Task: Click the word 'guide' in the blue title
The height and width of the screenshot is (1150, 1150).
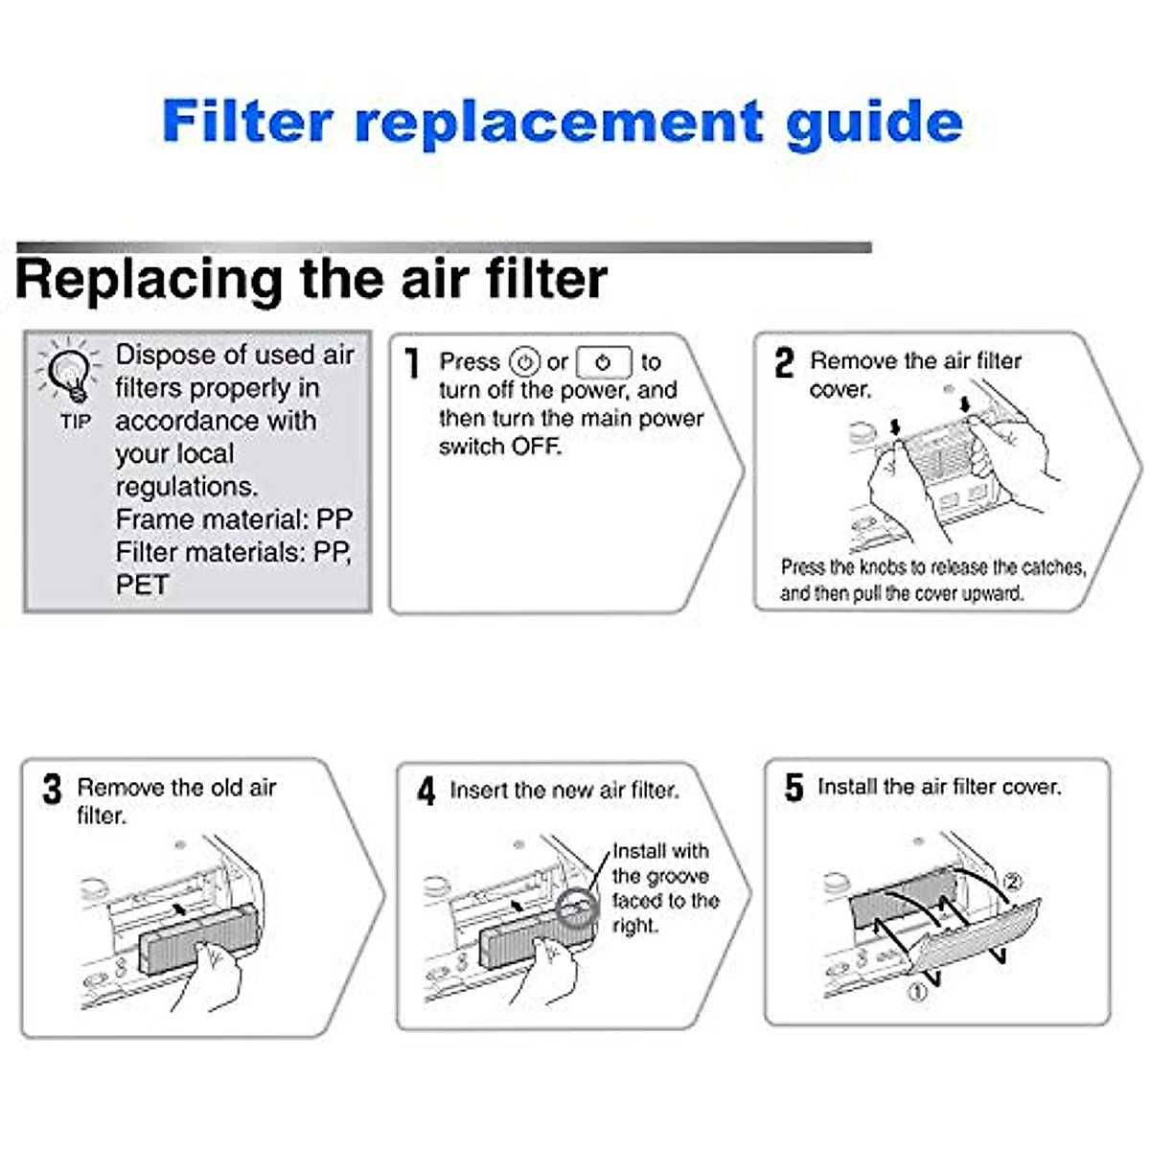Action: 873,123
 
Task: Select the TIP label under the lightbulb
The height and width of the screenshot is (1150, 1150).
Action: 75,422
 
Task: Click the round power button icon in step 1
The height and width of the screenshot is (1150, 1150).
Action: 524,362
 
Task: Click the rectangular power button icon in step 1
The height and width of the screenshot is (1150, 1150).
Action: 604,363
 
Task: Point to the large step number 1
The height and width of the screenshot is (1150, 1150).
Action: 413,363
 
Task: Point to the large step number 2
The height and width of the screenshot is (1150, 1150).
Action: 784,363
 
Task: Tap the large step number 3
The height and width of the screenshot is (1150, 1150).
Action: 52,790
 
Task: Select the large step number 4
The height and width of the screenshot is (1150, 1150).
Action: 426,792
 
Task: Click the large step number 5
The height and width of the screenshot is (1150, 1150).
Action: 793,788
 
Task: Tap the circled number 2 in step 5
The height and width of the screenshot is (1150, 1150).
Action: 1012,881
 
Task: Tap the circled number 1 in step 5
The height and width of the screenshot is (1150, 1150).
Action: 917,993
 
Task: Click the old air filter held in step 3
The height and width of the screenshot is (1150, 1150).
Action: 196,934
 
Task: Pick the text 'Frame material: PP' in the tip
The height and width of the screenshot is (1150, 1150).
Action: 234,519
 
